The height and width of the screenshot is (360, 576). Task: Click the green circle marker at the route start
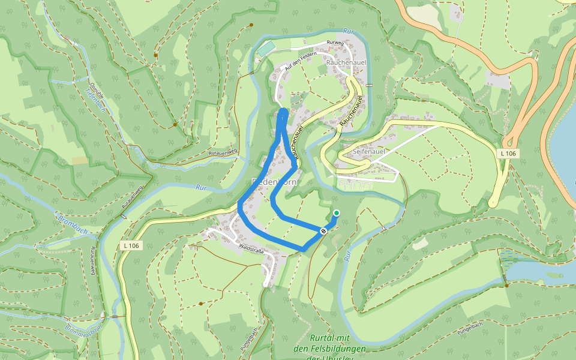(x=336, y=213)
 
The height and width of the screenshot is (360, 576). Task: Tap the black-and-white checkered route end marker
(x=324, y=230)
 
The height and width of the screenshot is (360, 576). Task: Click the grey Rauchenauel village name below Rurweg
(x=343, y=62)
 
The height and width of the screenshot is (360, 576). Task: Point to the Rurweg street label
(x=334, y=43)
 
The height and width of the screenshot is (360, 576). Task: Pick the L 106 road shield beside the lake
(x=508, y=154)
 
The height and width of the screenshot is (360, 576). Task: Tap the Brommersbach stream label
(x=84, y=325)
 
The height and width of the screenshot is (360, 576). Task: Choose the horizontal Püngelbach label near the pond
(x=470, y=325)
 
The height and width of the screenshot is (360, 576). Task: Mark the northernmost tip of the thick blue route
(x=284, y=111)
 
